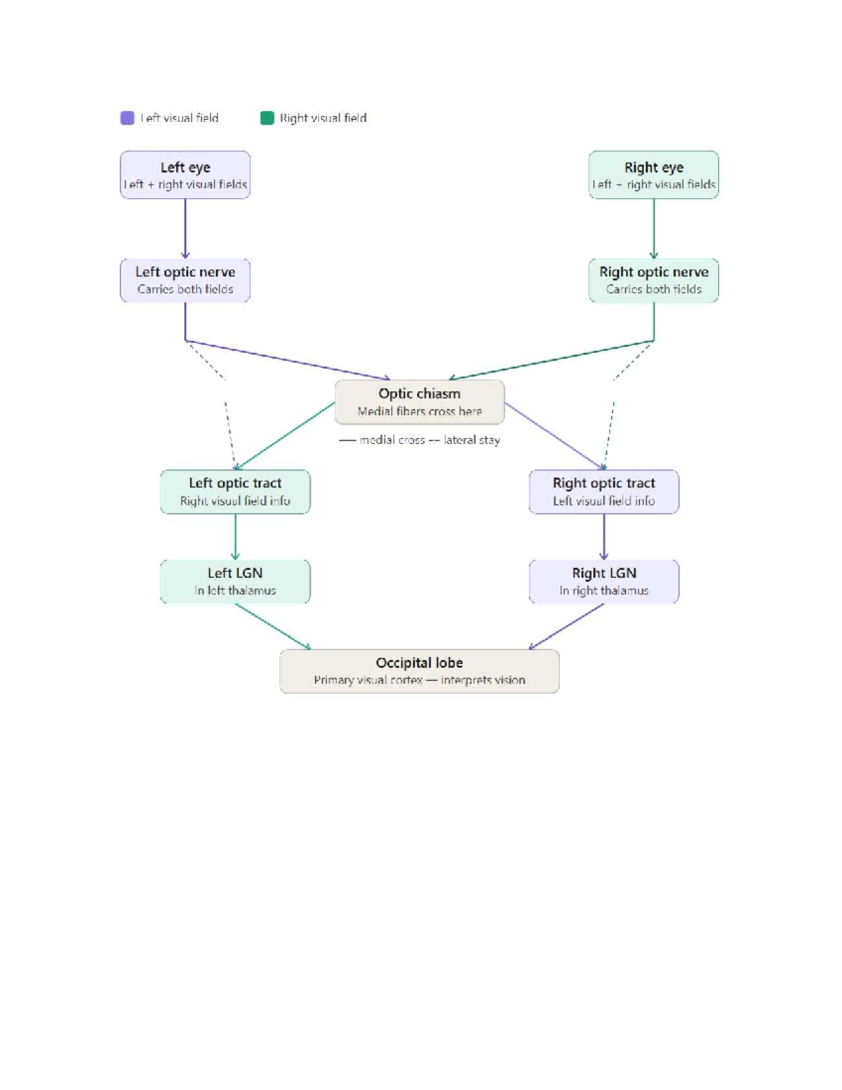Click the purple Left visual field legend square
point(128,118)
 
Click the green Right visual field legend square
point(267,118)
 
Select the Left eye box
point(185,175)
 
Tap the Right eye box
point(653,175)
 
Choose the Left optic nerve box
point(185,281)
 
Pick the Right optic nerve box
point(653,281)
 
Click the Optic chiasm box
point(420,402)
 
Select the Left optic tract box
point(235,491)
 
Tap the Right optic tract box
point(604,491)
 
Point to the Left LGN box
point(235,581)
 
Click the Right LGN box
point(604,581)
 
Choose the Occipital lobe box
point(420,671)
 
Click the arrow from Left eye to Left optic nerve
point(185,229)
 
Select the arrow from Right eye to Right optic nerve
point(653,229)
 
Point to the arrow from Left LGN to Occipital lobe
point(273,627)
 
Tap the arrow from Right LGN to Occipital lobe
point(566,627)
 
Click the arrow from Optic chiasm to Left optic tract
point(285,436)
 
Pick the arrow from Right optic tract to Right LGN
point(604,537)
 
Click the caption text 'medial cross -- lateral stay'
point(430,440)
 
